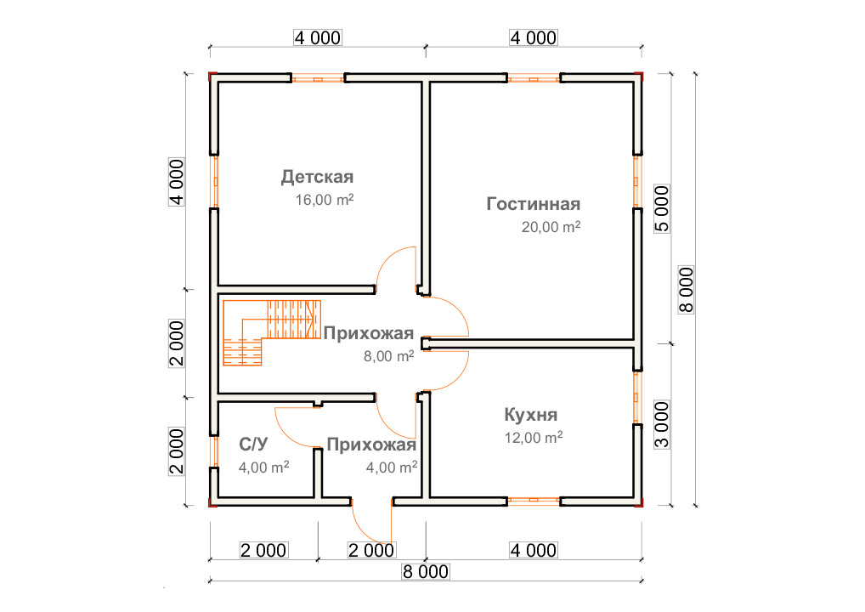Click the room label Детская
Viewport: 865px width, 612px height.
[x=317, y=177]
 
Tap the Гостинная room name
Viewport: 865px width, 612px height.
[x=534, y=204]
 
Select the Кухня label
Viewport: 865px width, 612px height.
[x=531, y=415]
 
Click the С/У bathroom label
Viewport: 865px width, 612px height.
[x=254, y=445]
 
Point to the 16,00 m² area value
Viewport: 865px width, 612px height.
[x=325, y=199]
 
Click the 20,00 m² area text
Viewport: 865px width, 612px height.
[x=551, y=226]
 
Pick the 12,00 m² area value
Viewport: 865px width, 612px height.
[x=534, y=437]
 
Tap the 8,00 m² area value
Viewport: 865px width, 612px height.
[x=389, y=356]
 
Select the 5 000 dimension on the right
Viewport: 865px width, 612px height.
[x=661, y=208]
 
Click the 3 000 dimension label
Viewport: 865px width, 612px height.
[x=661, y=424]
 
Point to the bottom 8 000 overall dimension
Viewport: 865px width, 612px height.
[x=426, y=572]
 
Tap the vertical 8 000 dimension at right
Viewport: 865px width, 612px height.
[x=686, y=290]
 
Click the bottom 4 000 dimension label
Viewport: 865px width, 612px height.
[x=534, y=550]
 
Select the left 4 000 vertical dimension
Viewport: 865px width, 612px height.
[x=177, y=182]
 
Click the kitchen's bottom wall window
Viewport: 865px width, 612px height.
[x=534, y=501]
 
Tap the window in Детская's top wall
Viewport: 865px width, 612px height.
[x=318, y=78]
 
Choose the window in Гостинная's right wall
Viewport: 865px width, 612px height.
[x=637, y=182]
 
